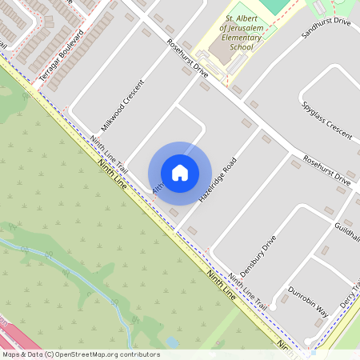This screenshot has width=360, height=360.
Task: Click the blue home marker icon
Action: [x=180, y=172]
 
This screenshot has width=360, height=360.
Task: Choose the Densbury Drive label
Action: [x=257, y=254]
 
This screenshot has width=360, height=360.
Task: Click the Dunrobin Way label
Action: [x=308, y=300]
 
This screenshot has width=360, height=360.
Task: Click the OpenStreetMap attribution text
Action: [x=81, y=354]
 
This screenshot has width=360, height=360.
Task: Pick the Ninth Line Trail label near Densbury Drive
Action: [x=246, y=292]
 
